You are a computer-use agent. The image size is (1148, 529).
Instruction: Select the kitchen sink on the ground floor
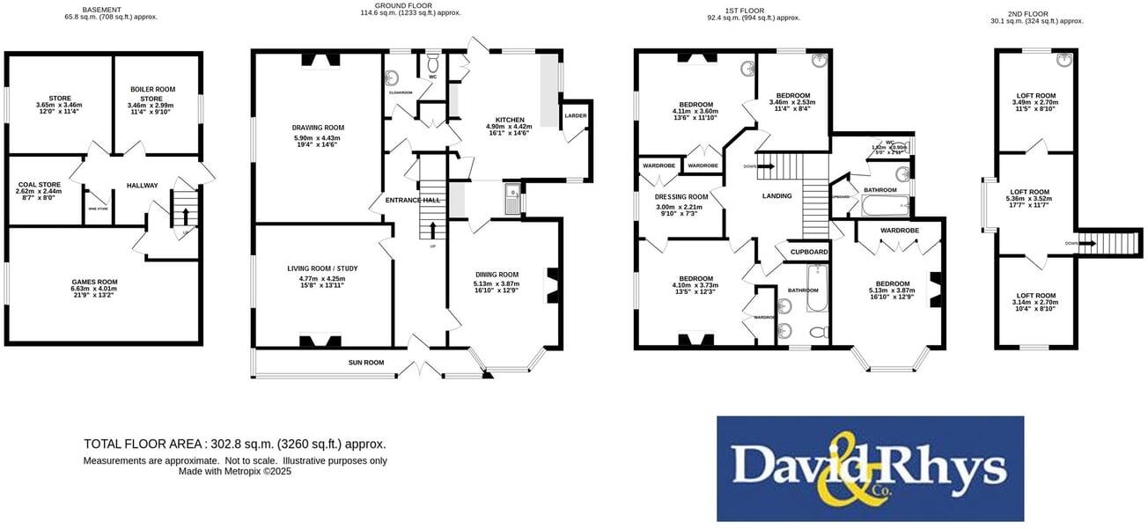(511, 193)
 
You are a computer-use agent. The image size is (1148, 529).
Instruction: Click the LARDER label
(575, 116)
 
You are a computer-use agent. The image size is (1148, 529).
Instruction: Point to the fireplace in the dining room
(551, 283)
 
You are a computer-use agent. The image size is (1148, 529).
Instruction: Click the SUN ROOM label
(366, 362)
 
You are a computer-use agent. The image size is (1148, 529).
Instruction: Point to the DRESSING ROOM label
(681, 196)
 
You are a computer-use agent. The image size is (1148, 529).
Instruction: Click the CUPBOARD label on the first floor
(808, 252)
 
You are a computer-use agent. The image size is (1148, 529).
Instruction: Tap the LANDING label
(776, 195)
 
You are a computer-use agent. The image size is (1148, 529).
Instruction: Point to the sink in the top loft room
(1062, 61)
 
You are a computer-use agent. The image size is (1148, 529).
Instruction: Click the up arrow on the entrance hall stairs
(432, 231)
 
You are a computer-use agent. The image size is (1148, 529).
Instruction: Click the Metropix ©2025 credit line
(234, 472)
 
